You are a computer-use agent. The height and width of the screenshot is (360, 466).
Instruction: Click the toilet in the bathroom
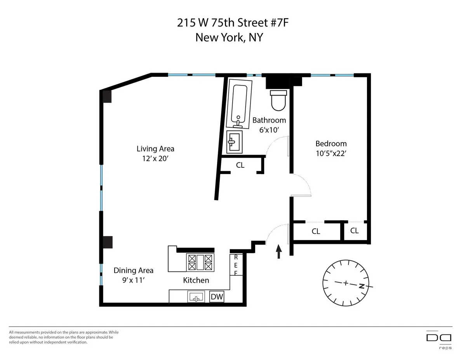[278, 100]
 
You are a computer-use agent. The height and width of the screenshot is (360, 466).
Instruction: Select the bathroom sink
[234, 142]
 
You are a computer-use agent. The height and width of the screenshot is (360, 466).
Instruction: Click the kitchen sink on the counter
[196, 297]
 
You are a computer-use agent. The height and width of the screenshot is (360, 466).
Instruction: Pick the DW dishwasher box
[217, 297]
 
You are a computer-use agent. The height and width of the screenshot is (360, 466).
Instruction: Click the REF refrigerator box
[236, 264]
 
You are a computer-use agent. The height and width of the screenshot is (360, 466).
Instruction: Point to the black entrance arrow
[279, 251]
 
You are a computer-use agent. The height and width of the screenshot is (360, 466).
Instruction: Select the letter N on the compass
[362, 287]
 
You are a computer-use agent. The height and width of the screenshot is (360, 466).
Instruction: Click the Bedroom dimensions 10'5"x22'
[331, 153]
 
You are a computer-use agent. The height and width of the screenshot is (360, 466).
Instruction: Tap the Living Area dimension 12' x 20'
[155, 158]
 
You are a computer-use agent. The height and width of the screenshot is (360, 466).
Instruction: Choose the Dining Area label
[134, 270]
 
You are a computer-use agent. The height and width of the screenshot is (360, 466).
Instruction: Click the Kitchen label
[196, 280]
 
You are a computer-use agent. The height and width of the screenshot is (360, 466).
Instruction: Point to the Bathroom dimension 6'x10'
[269, 130]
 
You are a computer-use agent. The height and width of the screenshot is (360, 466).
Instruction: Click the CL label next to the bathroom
[240, 165]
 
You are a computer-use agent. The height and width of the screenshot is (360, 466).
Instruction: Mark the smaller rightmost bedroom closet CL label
[354, 231]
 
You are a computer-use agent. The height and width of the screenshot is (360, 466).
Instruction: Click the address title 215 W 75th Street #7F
[233, 23]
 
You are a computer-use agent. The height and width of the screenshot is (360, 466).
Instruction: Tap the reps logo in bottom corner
[439, 339]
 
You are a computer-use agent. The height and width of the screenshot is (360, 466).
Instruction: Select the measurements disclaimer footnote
[64, 337]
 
